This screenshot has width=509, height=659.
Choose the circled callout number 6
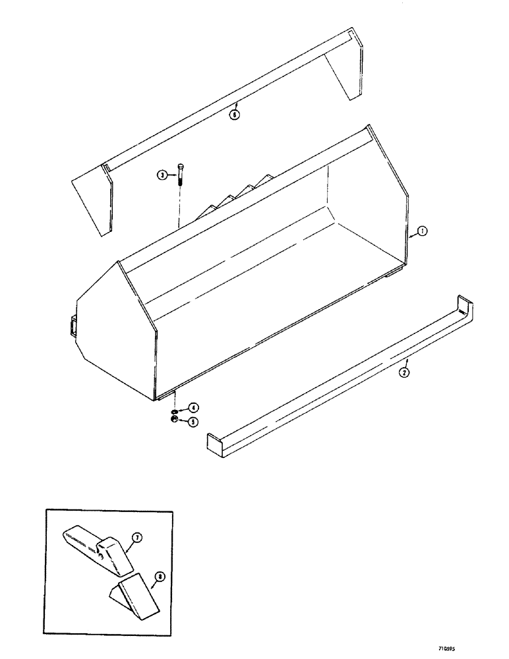[235, 113]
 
